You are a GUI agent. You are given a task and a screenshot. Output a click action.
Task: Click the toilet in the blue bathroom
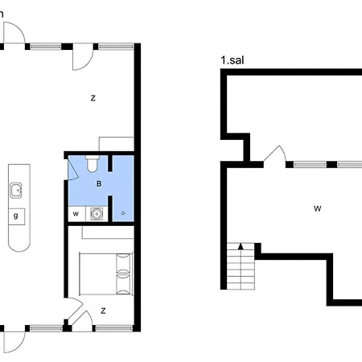93,163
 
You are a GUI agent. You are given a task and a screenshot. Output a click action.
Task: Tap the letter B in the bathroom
99,184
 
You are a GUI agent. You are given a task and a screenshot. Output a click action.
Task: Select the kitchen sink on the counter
16,191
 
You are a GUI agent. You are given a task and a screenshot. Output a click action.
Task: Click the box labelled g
17,216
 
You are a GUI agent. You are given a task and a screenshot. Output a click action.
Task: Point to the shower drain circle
123,213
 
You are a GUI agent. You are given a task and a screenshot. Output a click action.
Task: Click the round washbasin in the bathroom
97,214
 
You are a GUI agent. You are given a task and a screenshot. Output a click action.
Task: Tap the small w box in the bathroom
76,214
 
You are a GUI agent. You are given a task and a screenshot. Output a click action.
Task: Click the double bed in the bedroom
106,274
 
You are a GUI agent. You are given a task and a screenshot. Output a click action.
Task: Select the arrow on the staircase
241,246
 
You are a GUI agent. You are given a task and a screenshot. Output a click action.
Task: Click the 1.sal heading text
232,60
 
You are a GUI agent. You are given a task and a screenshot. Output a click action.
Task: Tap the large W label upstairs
318,208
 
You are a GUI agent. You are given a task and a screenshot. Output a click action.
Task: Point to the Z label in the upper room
93,98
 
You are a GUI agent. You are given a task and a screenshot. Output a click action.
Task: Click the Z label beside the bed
103,311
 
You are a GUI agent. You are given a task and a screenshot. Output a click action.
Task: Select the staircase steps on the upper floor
241,266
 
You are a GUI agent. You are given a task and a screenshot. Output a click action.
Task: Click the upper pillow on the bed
124,263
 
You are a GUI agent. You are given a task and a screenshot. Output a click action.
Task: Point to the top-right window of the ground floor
116,47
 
